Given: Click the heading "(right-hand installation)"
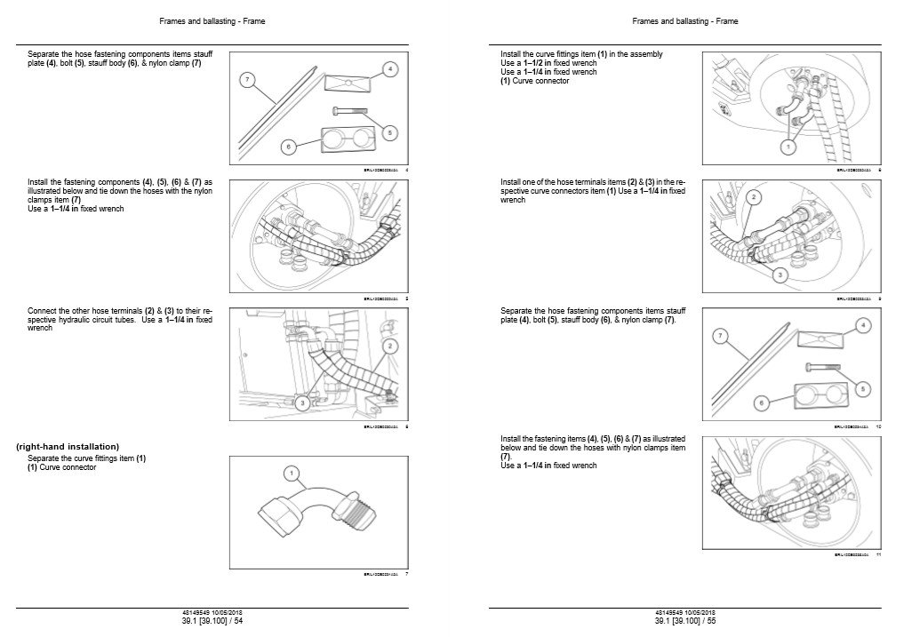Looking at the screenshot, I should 68,446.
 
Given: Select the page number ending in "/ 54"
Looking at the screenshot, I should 212,620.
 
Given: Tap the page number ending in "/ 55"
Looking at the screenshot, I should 684,620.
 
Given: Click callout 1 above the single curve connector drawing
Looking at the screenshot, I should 291,472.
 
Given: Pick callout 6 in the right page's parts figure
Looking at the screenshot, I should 761,402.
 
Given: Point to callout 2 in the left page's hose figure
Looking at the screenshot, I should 388,344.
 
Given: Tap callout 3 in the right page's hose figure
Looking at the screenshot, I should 779,275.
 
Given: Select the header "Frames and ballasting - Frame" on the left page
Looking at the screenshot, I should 212,20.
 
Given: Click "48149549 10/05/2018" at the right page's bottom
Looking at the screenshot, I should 684,612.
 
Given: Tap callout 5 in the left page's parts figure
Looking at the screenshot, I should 388,132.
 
